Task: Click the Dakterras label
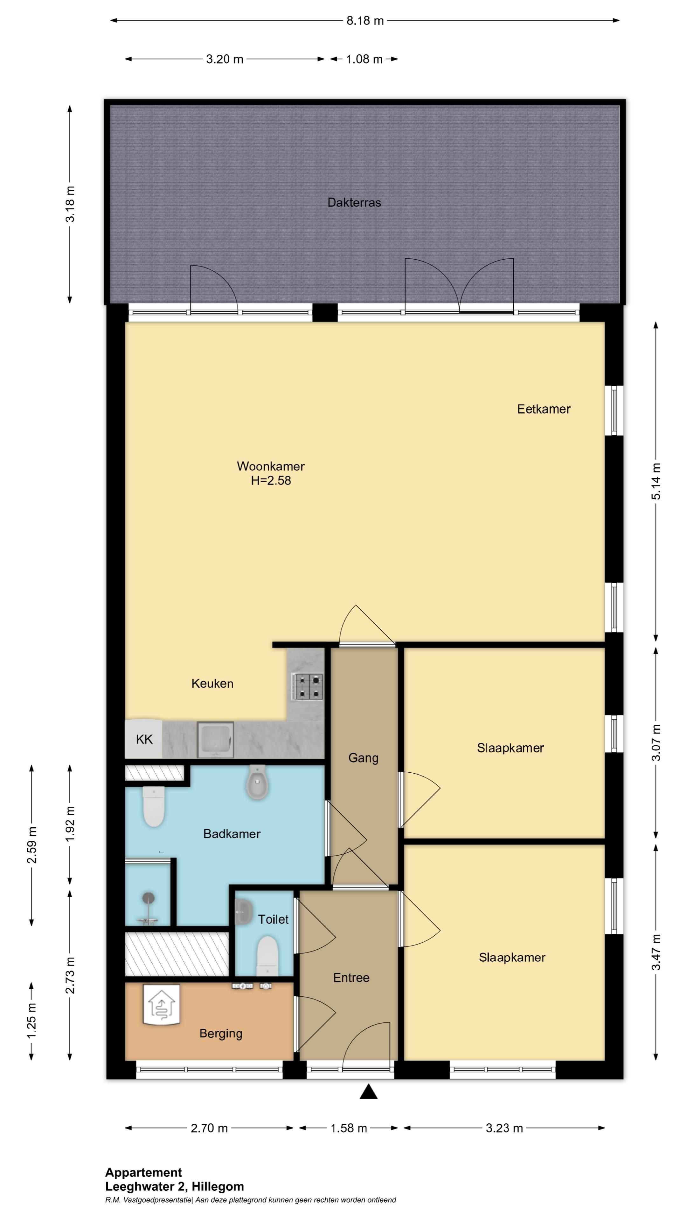[354, 203]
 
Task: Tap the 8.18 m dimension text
[364, 21]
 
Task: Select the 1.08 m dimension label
[364, 59]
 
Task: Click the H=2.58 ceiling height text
[271, 480]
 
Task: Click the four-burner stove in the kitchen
[307, 687]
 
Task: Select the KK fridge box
[144, 739]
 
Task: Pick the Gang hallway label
[363, 758]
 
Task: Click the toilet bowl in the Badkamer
[154, 807]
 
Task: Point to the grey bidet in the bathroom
[257, 782]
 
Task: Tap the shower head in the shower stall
[149, 897]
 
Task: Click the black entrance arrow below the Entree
[368, 1092]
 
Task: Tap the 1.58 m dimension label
[349, 1128]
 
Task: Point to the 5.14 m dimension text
[656, 481]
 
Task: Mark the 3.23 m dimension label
[504, 1128]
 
